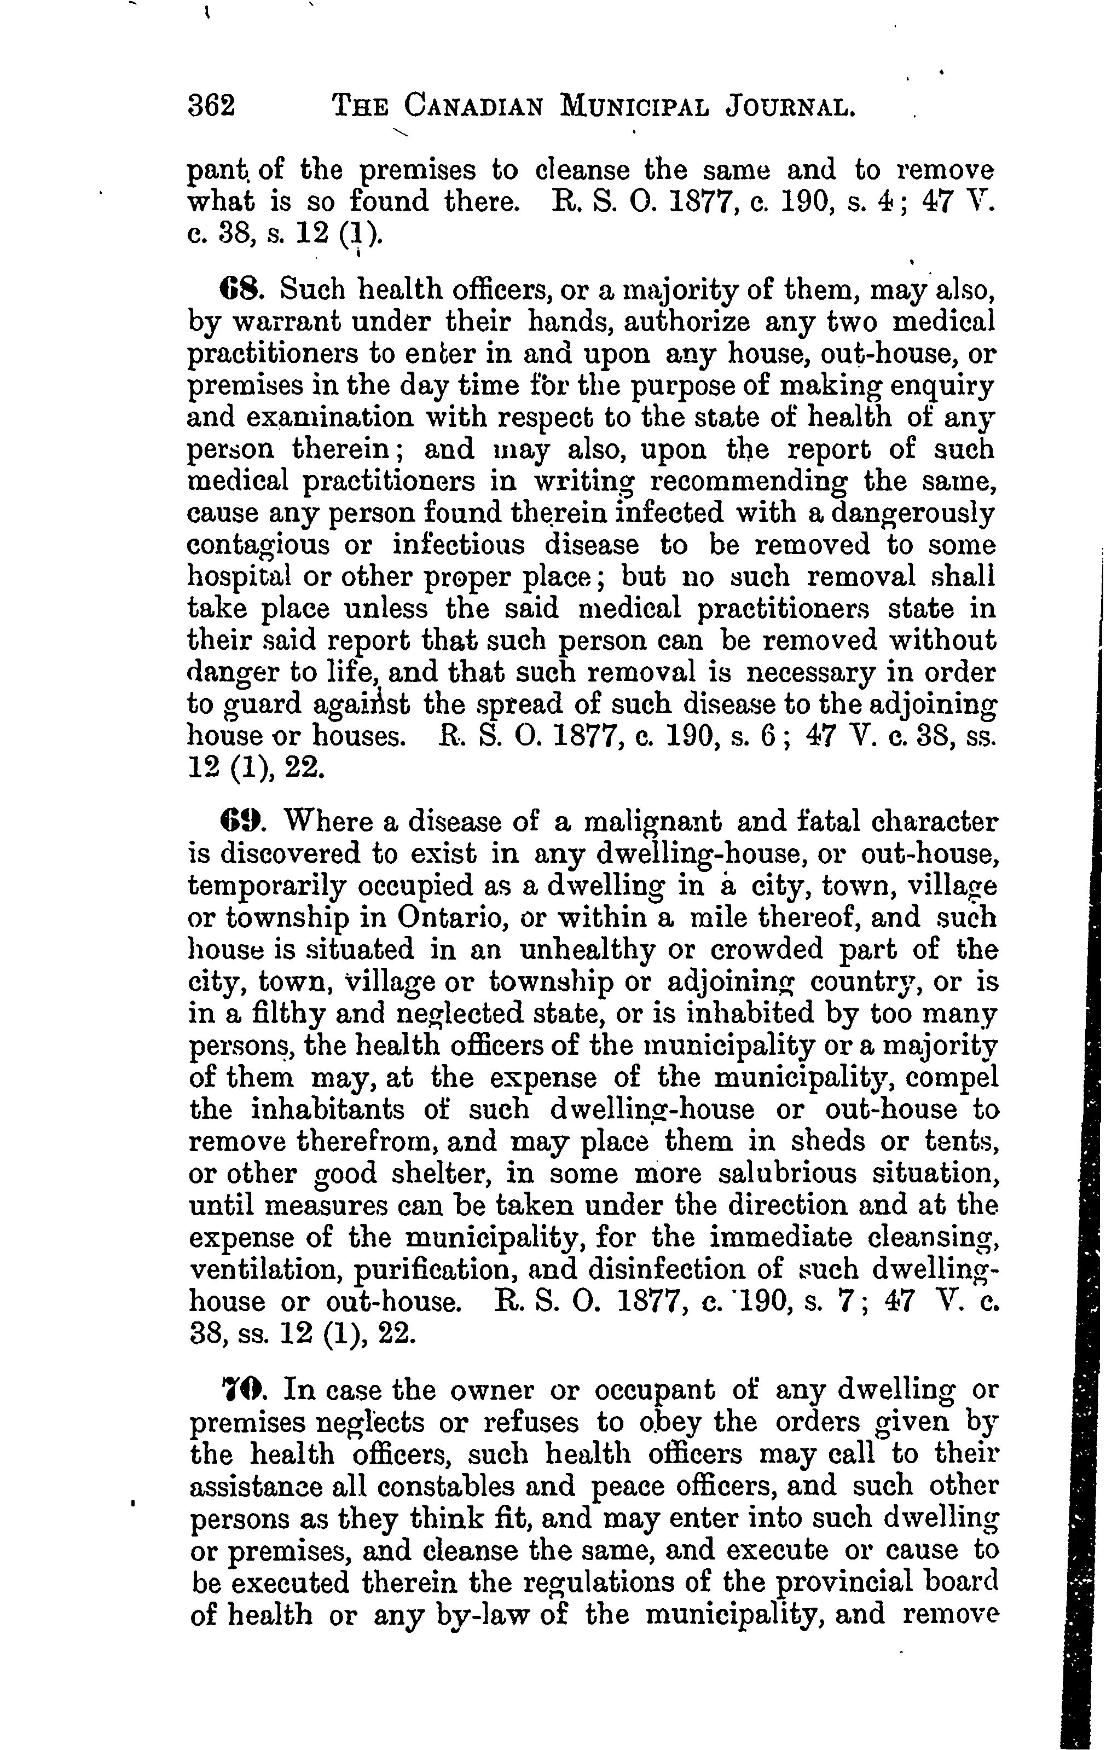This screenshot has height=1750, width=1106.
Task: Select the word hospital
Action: (239, 577)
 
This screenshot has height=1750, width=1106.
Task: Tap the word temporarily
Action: (254, 886)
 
